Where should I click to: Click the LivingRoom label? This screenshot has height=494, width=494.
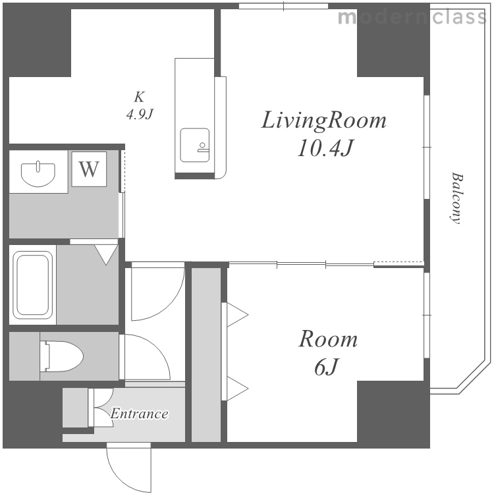323,121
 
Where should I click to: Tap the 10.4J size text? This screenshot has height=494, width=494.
325,148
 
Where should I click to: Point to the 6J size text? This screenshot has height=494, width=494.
326,367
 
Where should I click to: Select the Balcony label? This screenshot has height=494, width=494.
456,198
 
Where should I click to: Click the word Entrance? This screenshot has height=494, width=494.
139,414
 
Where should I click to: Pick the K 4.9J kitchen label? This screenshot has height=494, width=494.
140,105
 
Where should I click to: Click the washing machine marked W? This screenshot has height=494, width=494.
89,169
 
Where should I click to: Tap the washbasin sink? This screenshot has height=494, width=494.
38,174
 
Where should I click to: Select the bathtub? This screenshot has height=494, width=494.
32,285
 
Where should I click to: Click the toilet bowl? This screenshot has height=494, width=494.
61,356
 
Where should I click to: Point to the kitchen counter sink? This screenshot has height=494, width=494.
195,145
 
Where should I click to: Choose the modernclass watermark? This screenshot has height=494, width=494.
412,17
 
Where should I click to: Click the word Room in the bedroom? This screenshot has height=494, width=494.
328,339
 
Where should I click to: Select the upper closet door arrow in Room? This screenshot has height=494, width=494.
237,314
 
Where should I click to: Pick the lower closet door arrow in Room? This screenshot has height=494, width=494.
237,389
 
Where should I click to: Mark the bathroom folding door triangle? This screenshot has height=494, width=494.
106,254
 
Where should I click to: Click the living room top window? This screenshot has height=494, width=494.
283,6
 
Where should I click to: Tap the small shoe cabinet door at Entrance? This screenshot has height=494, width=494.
100,408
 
